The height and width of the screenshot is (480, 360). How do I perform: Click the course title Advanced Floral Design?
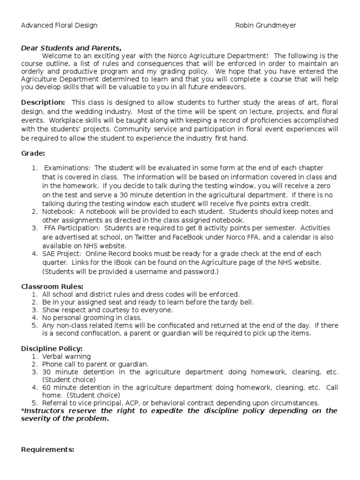pyautogui.click(x=59, y=25)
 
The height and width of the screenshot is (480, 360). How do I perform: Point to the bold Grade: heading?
pyautogui.click(x=33, y=153)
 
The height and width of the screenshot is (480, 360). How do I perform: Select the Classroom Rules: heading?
pyautogui.click(x=52, y=286)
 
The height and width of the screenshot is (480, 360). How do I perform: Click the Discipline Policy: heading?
pyautogui.click(x=52, y=348)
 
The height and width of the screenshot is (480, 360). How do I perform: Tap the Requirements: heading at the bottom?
pyautogui.click(x=48, y=450)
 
